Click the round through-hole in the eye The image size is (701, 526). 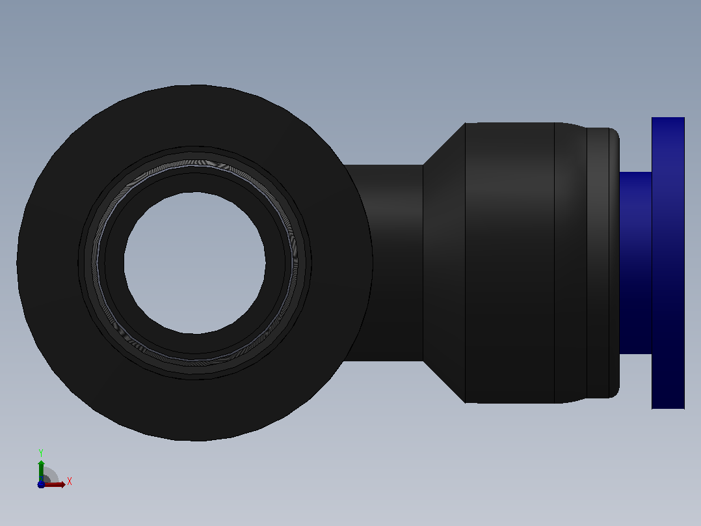(x=195, y=263)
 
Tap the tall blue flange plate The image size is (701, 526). (x=668, y=263)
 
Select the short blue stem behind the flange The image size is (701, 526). (x=635, y=263)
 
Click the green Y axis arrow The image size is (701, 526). (x=41, y=470)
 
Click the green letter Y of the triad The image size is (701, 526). (x=41, y=452)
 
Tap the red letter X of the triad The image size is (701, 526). (x=70, y=481)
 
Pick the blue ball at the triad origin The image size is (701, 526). (x=41, y=484)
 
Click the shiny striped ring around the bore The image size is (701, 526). (x=194, y=163)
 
